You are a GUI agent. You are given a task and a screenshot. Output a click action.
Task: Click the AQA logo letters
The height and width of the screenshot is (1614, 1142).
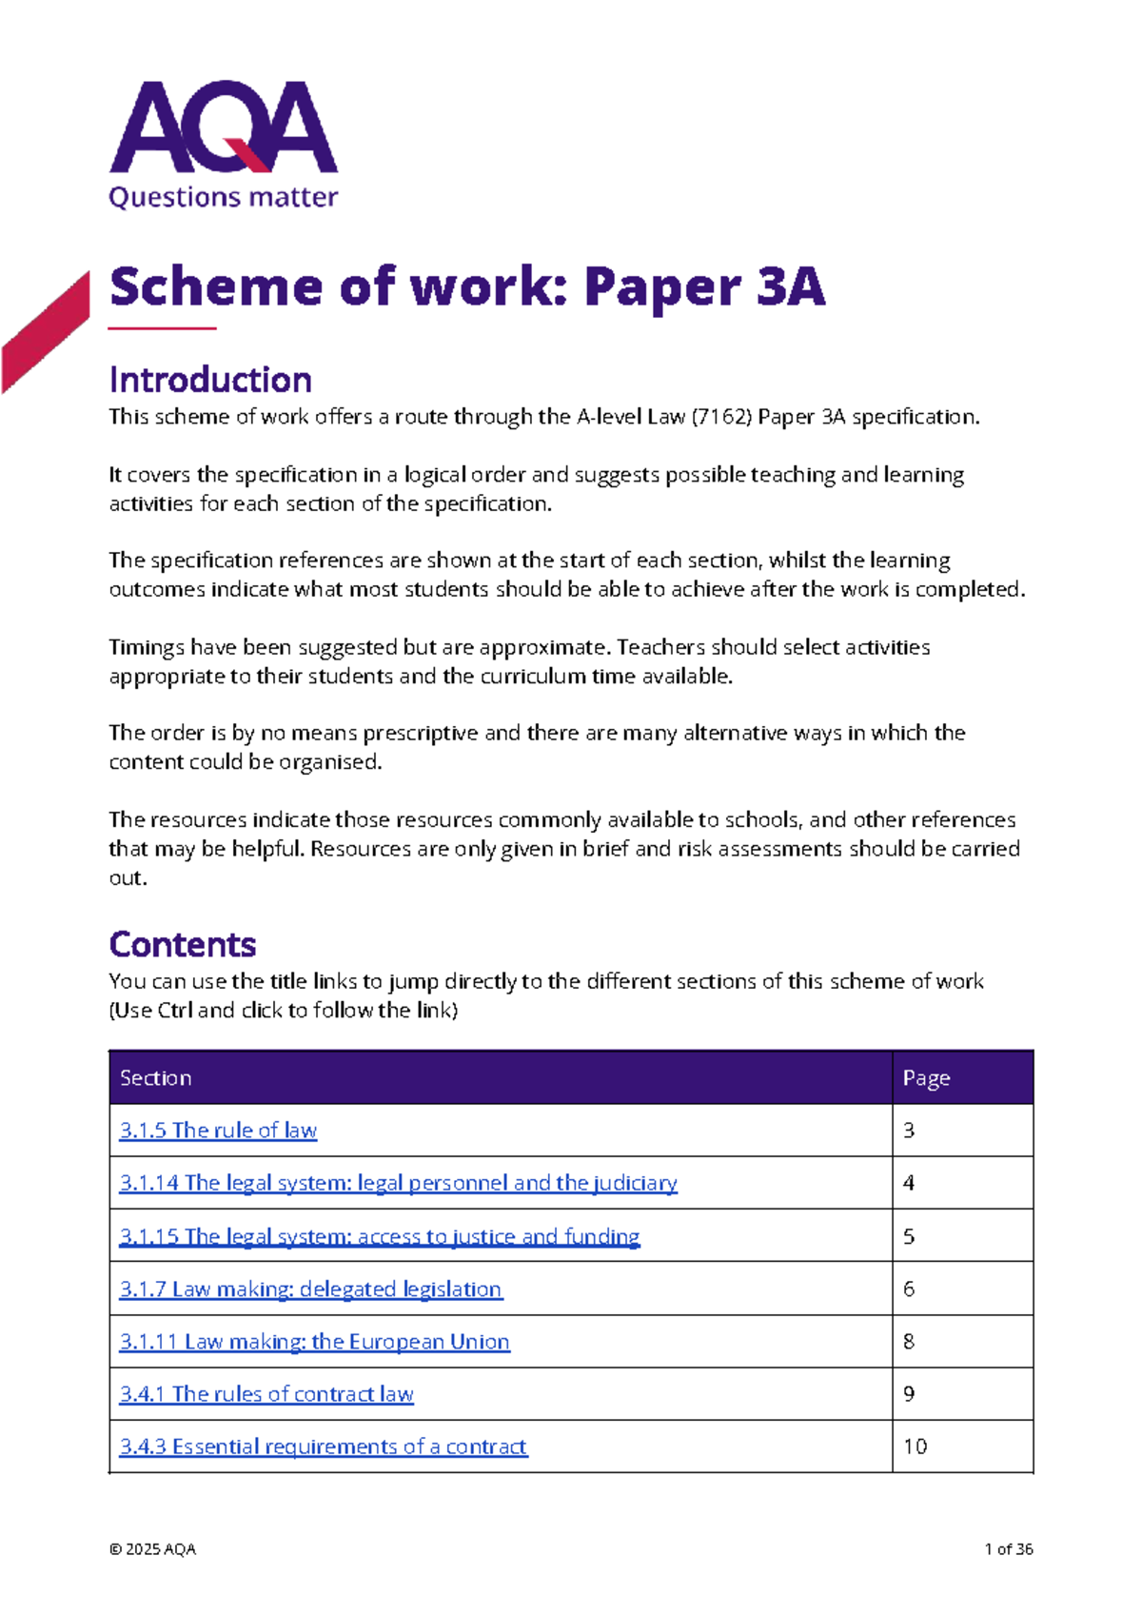click(x=224, y=128)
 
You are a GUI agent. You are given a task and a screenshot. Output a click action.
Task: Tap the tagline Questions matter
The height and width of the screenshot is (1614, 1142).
click(x=224, y=197)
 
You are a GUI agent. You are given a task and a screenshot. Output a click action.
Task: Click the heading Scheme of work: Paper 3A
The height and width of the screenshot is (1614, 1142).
click(x=466, y=286)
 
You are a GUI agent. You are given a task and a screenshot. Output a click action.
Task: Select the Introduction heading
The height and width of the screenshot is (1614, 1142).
click(x=210, y=380)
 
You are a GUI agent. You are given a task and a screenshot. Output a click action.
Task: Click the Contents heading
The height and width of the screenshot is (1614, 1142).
click(x=183, y=944)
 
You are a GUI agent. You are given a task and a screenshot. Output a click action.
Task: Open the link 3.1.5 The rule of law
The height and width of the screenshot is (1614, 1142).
click(x=218, y=1131)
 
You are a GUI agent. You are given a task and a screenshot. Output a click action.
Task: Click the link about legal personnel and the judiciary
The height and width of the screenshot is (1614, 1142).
click(x=398, y=1183)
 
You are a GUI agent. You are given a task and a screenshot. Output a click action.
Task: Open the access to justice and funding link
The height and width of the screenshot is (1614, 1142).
click(x=380, y=1236)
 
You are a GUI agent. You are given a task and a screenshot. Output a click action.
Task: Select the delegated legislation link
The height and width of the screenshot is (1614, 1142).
click(x=311, y=1289)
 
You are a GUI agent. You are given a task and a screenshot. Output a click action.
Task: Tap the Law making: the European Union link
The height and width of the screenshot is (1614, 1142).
click(x=315, y=1342)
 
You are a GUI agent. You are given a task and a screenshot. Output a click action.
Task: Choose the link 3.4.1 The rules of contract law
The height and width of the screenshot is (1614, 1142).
click(x=266, y=1394)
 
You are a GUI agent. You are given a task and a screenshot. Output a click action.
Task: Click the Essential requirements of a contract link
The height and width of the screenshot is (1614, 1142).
click(x=324, y=1447)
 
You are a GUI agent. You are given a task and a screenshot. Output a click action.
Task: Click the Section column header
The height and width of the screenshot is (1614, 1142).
click(x=156, y=1078)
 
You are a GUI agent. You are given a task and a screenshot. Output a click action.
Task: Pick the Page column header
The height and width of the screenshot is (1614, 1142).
click(x=926, y=1078)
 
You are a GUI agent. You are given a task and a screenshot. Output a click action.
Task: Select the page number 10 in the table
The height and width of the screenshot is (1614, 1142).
click(x=916, y=1447)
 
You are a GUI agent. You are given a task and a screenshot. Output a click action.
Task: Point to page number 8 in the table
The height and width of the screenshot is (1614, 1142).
click(x=909, y=1342)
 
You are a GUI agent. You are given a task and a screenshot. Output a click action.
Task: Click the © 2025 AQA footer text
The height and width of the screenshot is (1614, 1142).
click(x=152, y=1549)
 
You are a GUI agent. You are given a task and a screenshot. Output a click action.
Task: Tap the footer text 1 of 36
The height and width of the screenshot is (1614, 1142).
click(x=1009, y=1549)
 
